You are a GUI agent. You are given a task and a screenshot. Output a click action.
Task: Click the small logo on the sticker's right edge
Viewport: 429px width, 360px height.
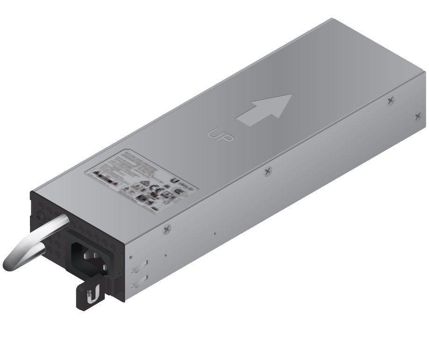click(177, 180)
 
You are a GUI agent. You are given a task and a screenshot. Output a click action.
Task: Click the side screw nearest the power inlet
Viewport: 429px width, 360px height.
click(167, 228)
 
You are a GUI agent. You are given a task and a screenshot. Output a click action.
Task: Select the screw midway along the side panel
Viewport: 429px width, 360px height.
click(267, 171)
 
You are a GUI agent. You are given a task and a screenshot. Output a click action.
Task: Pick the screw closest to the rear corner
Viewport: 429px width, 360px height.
click(417, 116)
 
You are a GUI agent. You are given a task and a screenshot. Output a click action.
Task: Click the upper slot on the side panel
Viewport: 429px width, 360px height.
click(138, 268)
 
